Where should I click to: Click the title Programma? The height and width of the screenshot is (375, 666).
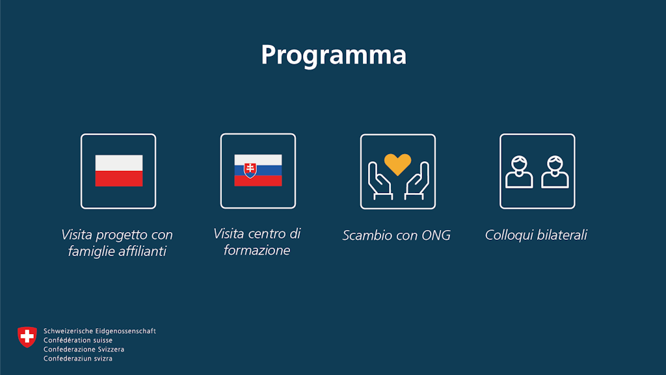333,55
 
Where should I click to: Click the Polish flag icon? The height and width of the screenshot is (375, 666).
118,171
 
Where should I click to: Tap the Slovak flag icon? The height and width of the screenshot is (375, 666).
258,170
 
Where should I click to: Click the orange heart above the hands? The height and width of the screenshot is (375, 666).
397,164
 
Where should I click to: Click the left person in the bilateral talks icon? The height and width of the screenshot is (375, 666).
519,172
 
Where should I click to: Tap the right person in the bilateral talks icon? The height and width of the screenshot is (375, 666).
555,172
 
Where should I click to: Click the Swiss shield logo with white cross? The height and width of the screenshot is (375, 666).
27,337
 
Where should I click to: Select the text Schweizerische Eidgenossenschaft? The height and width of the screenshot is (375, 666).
100,331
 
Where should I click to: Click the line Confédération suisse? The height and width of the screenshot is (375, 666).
78,340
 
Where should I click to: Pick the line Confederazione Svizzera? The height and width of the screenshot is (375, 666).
84,349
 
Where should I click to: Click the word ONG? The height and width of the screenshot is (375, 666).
436,235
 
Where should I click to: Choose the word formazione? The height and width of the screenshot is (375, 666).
257,250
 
